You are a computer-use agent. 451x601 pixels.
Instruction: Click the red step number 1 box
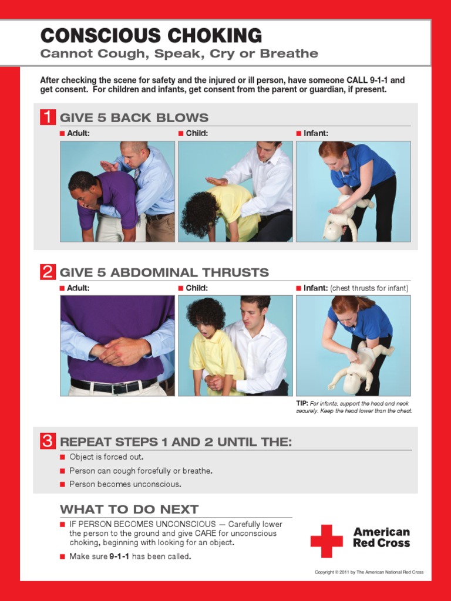pos(48,117)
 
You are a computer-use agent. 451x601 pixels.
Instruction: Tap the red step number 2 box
pos(48,272)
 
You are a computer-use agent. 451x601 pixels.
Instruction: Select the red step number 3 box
pos(48,441)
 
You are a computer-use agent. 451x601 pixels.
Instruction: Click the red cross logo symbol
pos(327,541)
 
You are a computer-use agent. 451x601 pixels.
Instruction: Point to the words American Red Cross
pos(381,538)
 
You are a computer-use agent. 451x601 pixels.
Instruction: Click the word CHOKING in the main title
pos(215,36)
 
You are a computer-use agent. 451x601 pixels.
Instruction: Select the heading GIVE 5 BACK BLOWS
pos(134,117)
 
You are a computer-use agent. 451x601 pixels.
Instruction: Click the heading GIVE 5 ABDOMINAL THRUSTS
pos(164,272)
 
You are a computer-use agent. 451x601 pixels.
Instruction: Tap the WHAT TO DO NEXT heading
pos(129,509)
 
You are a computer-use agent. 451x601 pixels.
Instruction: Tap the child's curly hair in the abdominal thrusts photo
pos(206,313)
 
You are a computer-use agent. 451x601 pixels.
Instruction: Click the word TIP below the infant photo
pos(302,404)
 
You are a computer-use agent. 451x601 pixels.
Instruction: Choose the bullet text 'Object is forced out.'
pos(106,457)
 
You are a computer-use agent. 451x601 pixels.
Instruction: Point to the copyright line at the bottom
pos(369,572)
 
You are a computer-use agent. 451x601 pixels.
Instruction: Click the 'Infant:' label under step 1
pos(315,133)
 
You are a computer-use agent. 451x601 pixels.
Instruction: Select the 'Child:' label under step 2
pos(197,288)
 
